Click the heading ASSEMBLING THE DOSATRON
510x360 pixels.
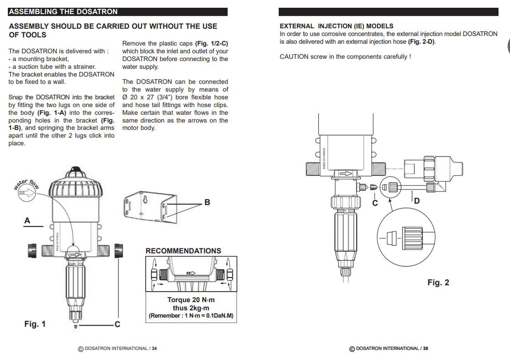[x=63, y=11]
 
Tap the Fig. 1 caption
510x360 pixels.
[x=35, y=324]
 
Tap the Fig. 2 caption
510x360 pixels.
[x=438, y=282]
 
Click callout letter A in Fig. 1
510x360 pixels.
[x=27, y=221]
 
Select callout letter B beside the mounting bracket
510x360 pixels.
[x=207, y=202]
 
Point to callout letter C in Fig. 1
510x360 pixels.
[x=117, y=324]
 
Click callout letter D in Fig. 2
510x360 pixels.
[x=417, y=201]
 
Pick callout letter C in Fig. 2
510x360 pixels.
[x=375, y=202]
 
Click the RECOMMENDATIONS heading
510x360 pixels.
[x=183, y=251]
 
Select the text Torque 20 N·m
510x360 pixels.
[x=191, y=300]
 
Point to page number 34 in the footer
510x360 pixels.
[x=154, y=349]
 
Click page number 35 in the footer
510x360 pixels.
[x=425, y=349]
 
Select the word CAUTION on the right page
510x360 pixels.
[x=294, y=56]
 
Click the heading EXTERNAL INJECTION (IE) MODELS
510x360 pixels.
[x=336, y=26]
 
